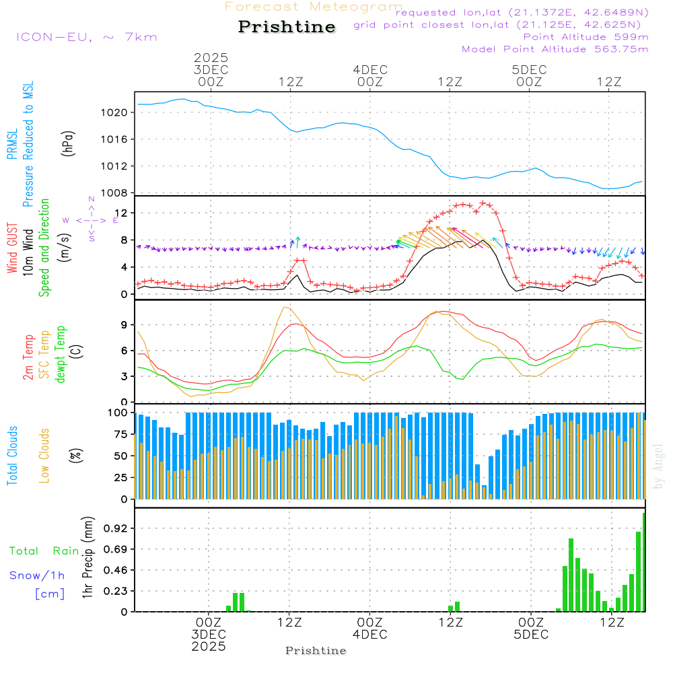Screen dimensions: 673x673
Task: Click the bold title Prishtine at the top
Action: point(287,27)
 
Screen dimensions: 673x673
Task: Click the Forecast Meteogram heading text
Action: point(314,7)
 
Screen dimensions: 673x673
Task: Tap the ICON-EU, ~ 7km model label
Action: point(86,37)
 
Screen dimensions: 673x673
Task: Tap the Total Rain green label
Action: point(44,551)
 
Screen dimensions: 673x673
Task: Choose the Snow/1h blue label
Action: point(38,575)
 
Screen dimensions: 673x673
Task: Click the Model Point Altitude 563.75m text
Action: point(555,49)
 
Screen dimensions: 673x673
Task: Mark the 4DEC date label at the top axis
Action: point(369,70)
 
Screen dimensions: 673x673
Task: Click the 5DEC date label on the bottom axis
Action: point(531,635)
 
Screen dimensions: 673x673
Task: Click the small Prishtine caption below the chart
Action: point(316,651)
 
